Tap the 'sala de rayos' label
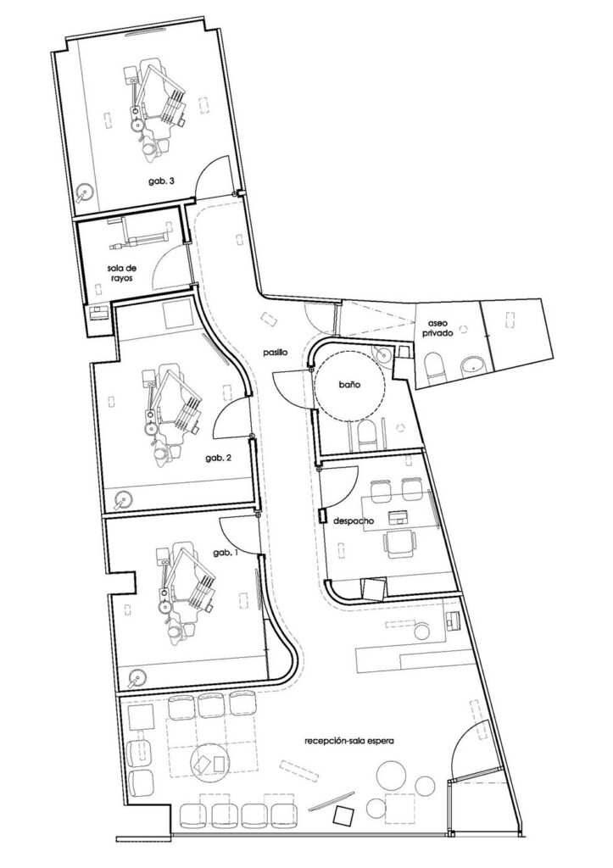tap(121, 274)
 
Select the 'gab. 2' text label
tap(218, 458)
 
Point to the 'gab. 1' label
tap(226, 553)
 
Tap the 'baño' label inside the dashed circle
tap(350, 384)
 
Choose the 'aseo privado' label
tap(440, 328)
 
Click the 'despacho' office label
tap(354, 521)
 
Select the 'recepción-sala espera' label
tap(348, 740)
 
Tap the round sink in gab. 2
tap(123, 500)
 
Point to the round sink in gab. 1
tap(136, 677)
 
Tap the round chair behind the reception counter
tap(423, 632)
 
